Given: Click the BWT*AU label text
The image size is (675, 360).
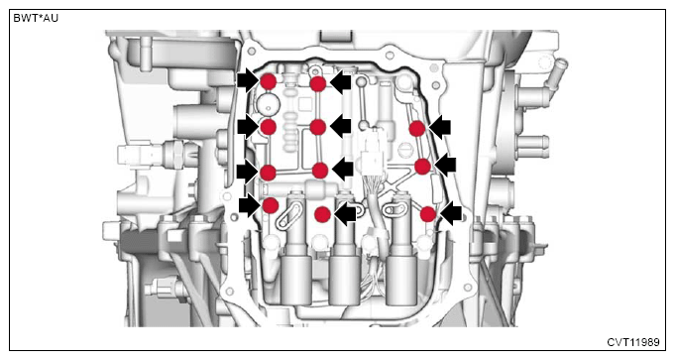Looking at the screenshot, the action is click(36, 19).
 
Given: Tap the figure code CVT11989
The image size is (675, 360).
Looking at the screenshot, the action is click(633, 342).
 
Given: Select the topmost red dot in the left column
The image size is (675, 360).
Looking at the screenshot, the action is click(268, 81).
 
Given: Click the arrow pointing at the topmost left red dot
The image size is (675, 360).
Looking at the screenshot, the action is click(248, 80).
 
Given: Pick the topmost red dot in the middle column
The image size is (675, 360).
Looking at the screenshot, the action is click(318, 84).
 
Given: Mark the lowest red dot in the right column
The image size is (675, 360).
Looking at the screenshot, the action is click(428, 214).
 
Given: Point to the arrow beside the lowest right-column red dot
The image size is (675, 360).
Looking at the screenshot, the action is click(451, 213).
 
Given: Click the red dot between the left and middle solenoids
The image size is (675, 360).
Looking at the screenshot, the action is click(322, 214).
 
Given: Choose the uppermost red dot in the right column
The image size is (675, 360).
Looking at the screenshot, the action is click(417, 129).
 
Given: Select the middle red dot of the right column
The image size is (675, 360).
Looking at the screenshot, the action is click(422, 167).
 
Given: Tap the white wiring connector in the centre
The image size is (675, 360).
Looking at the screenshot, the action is click(372, 154).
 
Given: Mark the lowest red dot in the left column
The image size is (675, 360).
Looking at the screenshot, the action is click(271, 206).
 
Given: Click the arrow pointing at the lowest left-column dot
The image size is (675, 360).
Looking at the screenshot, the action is click(250, 205).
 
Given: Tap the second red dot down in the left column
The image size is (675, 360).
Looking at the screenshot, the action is click(269, 127).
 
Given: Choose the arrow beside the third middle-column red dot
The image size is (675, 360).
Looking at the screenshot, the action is click(343, 170).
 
